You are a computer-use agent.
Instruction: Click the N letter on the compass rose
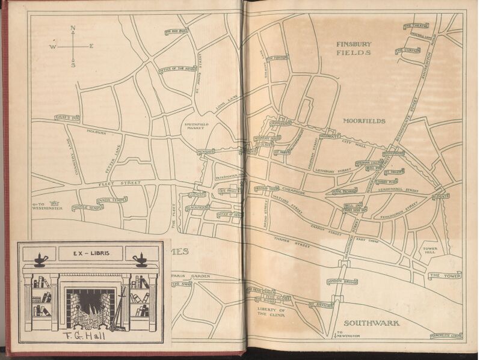point(73,28)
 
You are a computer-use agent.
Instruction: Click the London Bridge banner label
point(342,281)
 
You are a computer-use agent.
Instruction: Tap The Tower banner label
point(444,276)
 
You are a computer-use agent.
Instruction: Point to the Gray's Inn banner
point(67,118)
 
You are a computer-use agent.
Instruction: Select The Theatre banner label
point(416,26)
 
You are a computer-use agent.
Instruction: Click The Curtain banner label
point(408,50)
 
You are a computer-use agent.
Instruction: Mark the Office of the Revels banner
point(177,70)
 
